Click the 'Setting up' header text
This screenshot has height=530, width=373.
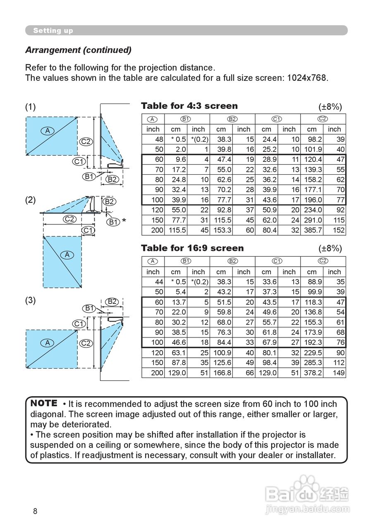pyautogui.click(x=53, y=31)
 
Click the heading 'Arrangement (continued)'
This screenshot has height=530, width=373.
pyautogui.click(x=78, y=50)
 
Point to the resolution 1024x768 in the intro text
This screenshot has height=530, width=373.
pyautogui.click(x=306, y=78)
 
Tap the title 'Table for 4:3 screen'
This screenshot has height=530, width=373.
pyautogui.click(x=189, y=106)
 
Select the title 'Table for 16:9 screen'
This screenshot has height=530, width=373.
pyautogui.click(x=192, y=248)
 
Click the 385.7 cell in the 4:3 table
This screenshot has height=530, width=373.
pyautogui.click(x=312, y=230)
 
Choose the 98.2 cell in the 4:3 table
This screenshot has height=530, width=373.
pyautogui.click(x=312, y=140)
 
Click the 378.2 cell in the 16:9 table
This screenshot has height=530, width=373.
pyautogui.click(x=312, y=373)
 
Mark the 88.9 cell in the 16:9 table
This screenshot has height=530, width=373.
pyautogui.click(x=312, y=282)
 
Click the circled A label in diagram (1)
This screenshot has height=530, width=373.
pyautogui.click(x=48, y=131)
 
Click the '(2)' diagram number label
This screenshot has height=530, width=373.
pyautogui.click(x=31, y=200)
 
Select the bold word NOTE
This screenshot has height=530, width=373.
pyautogui.click(x=44, y=403)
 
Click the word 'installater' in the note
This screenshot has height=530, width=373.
pyautogui.click(x=313, y=455)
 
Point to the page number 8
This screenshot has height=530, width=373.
pyautogui.click(x=35, y=511)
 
